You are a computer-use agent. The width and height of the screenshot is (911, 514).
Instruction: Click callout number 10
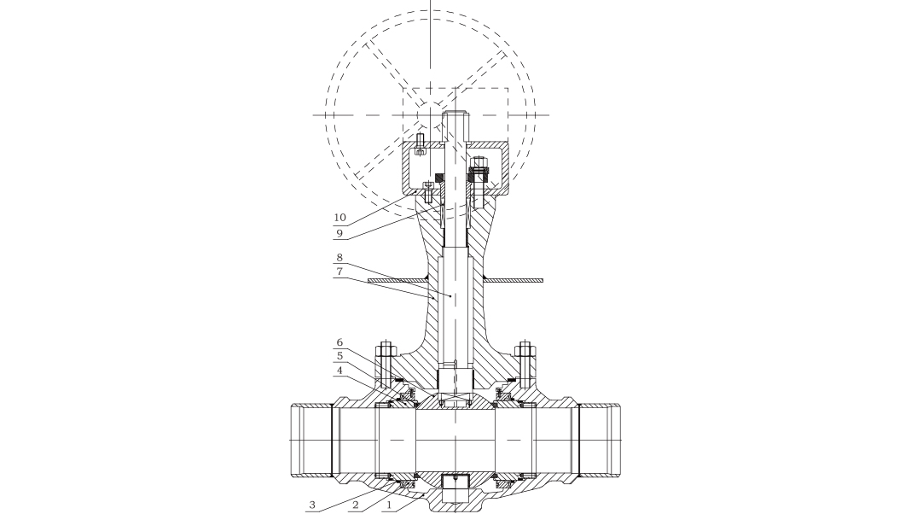[339, 218]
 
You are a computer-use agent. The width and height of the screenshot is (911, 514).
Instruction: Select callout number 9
[339, 233]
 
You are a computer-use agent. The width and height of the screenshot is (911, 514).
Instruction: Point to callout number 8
[339, 257]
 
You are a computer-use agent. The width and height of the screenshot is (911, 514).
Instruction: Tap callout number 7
[339, 271]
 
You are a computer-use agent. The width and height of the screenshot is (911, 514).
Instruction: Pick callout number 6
[339, 342]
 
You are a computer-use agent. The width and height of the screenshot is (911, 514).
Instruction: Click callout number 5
[339, 356]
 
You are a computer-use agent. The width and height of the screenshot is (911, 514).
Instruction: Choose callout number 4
[339, 370]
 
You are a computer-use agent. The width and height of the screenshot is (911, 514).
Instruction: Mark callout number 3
[312, 504]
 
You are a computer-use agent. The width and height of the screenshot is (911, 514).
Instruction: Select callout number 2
[355, 504]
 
